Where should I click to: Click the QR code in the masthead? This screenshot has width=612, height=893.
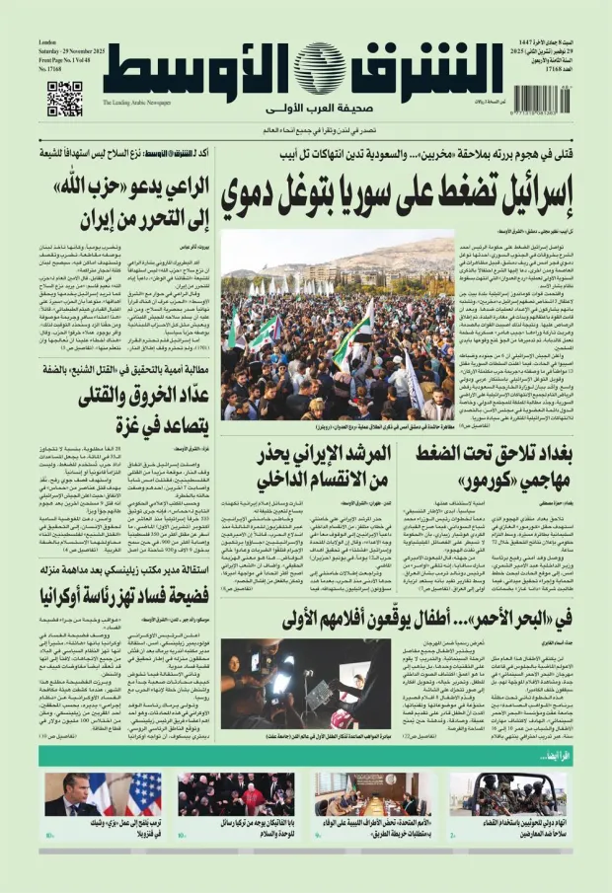64,99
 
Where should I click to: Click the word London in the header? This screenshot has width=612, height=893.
46,43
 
